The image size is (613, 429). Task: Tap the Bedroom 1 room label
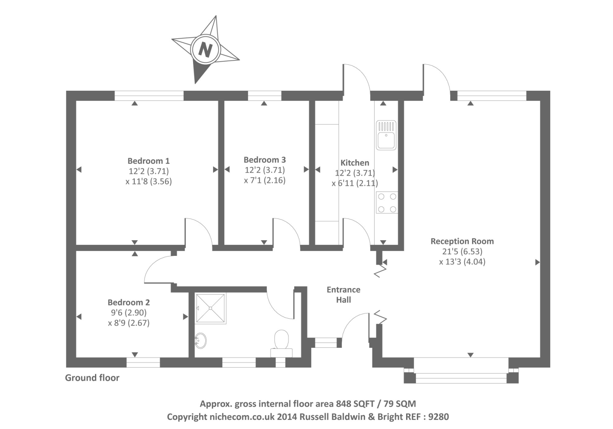tap(148, 161)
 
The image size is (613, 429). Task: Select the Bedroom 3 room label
tap(264, 160)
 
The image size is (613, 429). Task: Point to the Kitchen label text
tap(355, 163)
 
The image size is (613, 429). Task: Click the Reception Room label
tap(462, 241)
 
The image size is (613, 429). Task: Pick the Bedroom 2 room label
tap(129, 302)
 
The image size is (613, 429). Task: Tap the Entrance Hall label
tap(343, 295)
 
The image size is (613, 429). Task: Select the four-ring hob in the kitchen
tap(387, 203)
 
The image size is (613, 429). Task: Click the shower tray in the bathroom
tap(210, 308)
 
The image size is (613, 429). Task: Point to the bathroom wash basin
tap(200, 340)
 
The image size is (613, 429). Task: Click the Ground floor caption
tap(92, 378)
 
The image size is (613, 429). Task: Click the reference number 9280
tap(438, 416)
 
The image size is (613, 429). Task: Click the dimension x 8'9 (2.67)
tap(129, 323)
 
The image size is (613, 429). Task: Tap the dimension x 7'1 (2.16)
tap(265, 180)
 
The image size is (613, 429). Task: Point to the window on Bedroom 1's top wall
tap(149, 95)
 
